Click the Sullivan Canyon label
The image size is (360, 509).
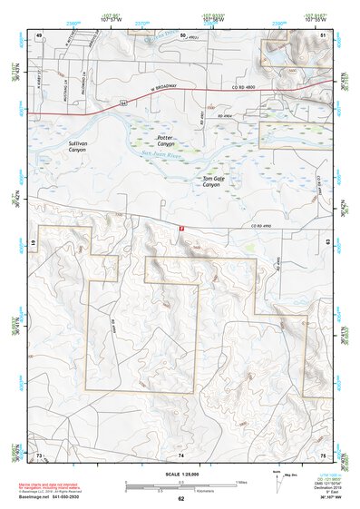coord(77,146)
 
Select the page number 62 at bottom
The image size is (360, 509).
coord(180,499)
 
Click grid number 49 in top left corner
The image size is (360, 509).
coord(38,34)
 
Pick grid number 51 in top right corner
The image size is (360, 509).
coord(324,34)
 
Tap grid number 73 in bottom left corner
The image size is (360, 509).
coord(38,454)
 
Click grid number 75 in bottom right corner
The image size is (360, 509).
coord(324,454)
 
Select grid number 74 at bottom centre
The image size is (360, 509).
coord(180,454)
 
